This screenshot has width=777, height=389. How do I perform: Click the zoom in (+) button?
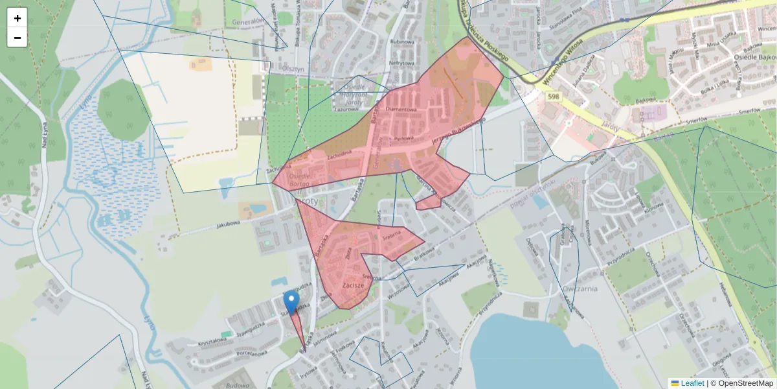coord(17,18)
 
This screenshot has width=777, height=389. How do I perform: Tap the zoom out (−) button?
coord(17,38)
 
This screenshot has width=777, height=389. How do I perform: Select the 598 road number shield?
coord(552,97)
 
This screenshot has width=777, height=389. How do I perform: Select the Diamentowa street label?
coord(400,110)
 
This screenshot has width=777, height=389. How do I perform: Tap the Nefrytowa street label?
coord(401,63)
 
